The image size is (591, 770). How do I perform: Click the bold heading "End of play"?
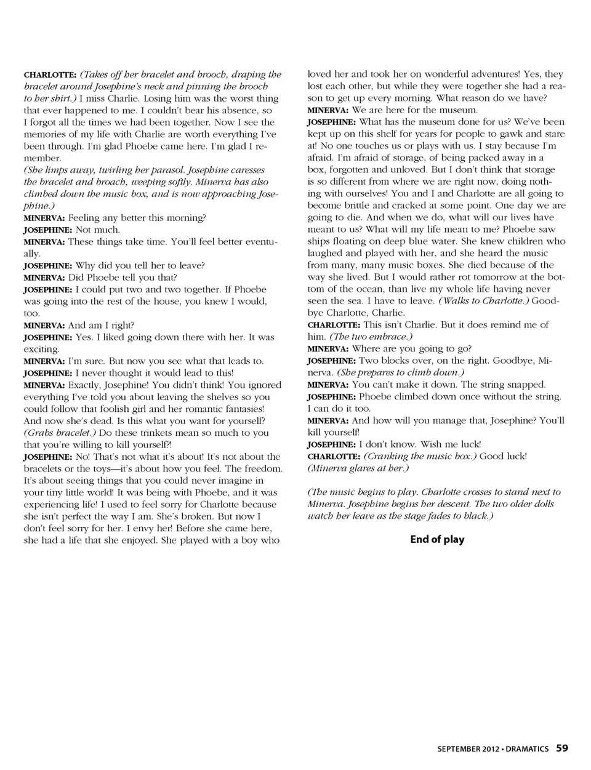pyautogui.click(x=437, y=540)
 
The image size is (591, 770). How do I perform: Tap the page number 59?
pyautogui.click(x=562, y=748)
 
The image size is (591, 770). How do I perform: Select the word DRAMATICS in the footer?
pyautogui.click(x=528, y=749)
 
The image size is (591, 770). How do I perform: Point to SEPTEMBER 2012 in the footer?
pyautogui.click(x=468, y=749)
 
